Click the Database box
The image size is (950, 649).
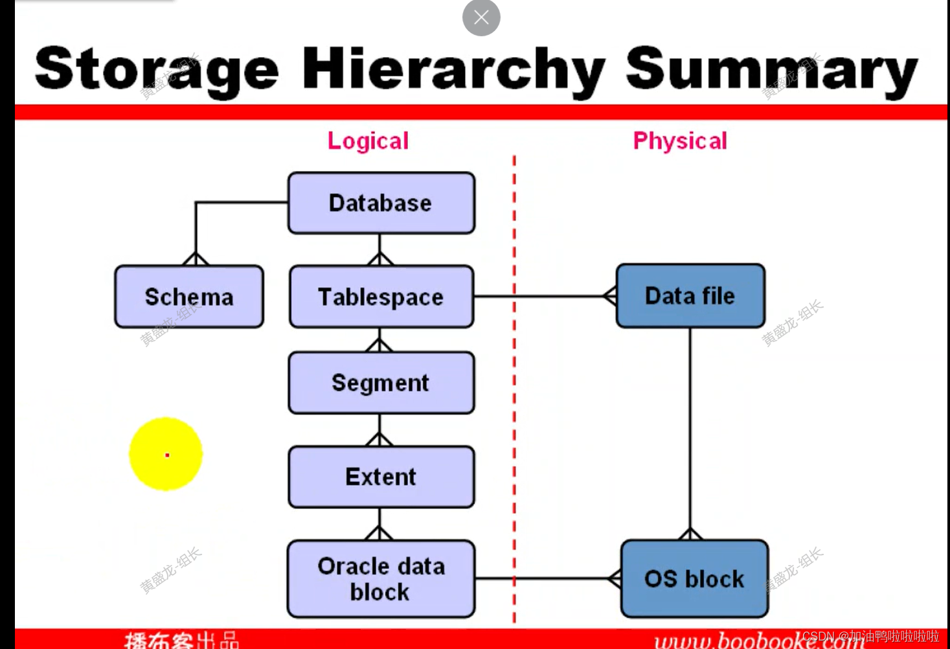pos(381,203)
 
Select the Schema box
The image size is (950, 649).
pos(189,297)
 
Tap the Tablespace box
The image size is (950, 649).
pos(381,297)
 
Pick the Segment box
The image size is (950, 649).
pos(381,383)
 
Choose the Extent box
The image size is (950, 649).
pos(381,477)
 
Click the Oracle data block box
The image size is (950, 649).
pos(381,578)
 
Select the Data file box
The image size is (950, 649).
pos(690,296)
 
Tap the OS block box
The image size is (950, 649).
pos(694,578)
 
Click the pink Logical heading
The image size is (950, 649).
pos(368,141)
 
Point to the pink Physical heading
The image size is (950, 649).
pos(680,141)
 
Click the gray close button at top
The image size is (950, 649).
pos(481,17)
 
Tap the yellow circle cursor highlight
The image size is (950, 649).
pos(166,454)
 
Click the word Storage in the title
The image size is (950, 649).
pos(157,69)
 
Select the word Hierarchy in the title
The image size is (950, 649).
pos(453,69)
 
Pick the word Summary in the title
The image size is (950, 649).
pos(771,69)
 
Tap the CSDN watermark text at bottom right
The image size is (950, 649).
pos(870,637)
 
